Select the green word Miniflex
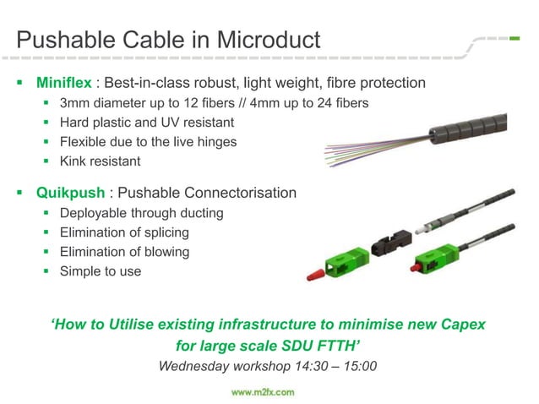[63, 84]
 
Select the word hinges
[215, 141]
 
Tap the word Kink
[73, 161]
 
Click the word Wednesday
[196, 367]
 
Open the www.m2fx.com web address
[264, 392]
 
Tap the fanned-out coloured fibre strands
[363, 153]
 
